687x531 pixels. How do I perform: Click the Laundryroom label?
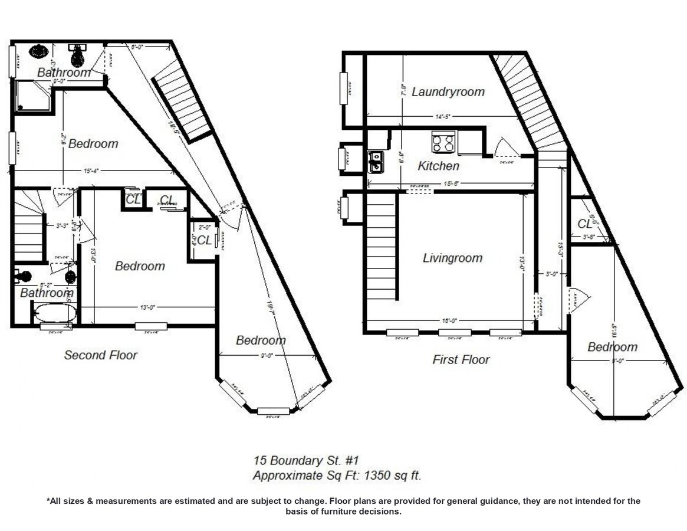point(448,92)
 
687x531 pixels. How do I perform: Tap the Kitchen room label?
point(438,166)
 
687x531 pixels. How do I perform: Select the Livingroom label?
point(452,258)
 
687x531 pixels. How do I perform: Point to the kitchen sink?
point(375,161)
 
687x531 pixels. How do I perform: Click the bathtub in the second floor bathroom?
point(54,313)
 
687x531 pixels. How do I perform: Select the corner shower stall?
point(33,96)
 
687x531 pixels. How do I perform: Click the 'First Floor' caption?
point(461,359)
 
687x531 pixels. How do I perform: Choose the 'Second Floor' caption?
point(100,355)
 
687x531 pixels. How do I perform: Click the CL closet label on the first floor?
point(584,224)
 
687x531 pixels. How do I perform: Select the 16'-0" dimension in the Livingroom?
point(449,321)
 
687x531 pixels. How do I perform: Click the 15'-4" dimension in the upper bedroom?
point(90,171)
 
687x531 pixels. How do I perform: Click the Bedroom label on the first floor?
point(612,347)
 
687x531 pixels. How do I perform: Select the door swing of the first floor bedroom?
point(578,299)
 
